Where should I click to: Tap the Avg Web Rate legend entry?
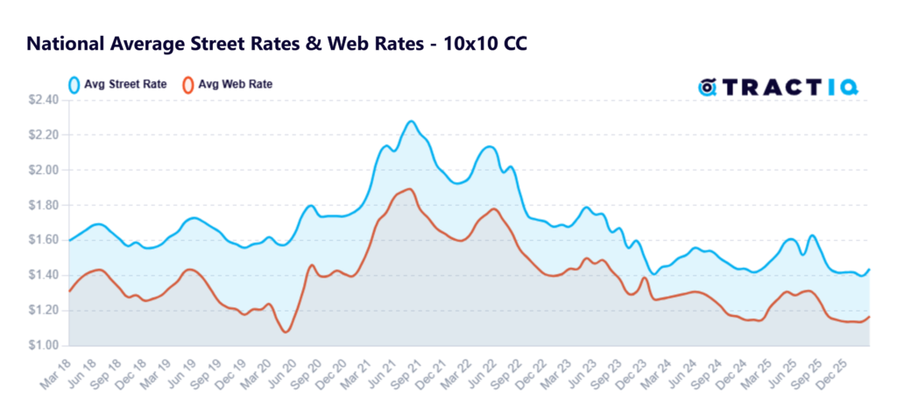click(x=227, y=85)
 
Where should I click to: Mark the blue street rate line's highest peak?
click(x=411, y=121)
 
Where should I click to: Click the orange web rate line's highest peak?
click(x=408, y=189)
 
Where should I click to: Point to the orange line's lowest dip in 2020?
click(x=286, y=332)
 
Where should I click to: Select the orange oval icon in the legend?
click(x=187, y=85)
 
